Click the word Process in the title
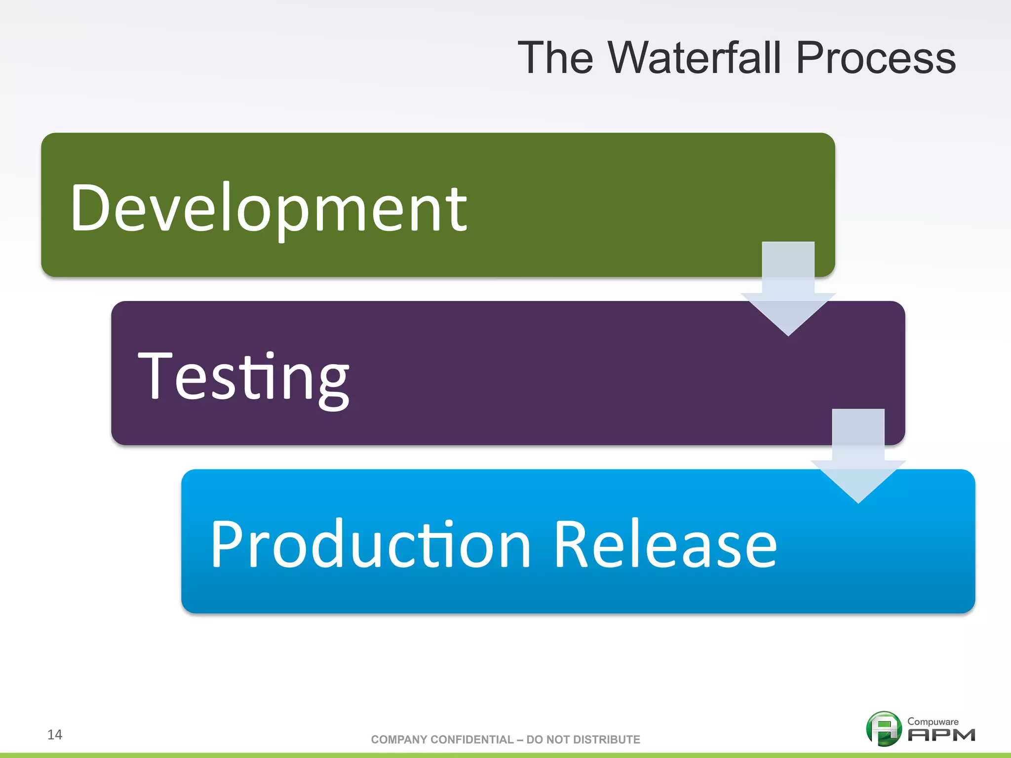[x=876, y=58]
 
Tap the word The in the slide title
[x=555, y=58]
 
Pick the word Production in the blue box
[x=370, y=544]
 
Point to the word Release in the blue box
[x=665, y=544]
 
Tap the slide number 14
[x=55, y=734]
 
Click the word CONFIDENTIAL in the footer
[x=472, y=739]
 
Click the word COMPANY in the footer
[x=399, y=739]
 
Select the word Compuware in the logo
[x=933, y=721]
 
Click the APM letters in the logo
[x=941, y=735]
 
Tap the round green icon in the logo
[x=884, y=728]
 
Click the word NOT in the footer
[x=558, y=739]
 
